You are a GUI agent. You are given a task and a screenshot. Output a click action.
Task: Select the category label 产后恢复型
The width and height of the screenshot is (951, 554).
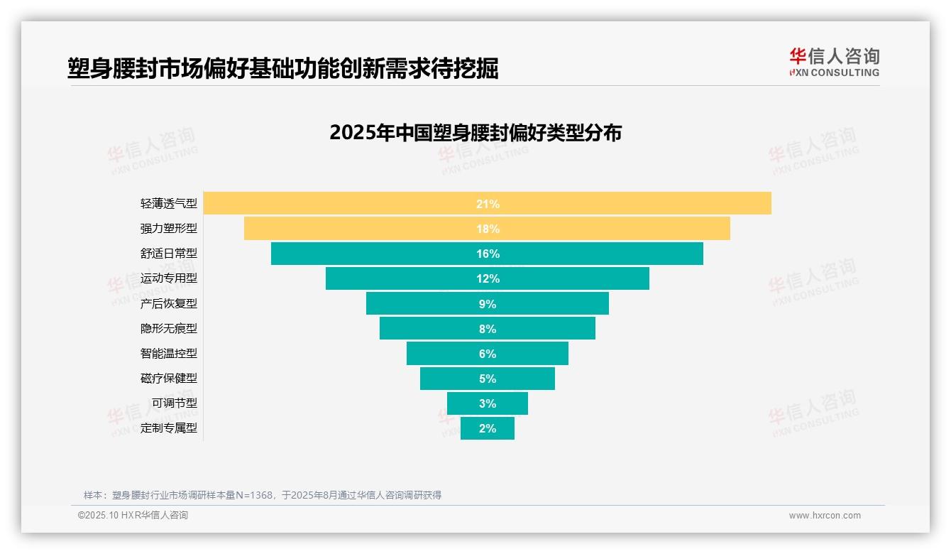[x=169, y=303]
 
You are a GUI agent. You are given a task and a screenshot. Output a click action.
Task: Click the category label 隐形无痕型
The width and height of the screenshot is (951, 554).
[x=169, y=328]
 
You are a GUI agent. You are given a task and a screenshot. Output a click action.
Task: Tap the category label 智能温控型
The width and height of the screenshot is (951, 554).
[x=169, y=353]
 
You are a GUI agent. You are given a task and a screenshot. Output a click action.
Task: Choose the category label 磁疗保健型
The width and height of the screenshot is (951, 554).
[x=169, y=378]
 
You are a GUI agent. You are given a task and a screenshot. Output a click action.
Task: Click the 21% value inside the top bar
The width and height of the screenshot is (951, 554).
[x=488, y=204]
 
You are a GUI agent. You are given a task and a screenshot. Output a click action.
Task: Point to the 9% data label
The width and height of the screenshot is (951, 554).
[x=488, y=304]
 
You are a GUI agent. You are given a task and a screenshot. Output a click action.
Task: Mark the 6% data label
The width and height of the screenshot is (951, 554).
[x=488, y=354]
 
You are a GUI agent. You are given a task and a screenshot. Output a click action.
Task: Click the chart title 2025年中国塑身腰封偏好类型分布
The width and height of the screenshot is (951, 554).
[x=475, y=133]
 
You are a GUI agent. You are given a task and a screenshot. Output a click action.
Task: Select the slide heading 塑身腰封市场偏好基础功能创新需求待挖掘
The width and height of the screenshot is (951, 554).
[x=283, y=68]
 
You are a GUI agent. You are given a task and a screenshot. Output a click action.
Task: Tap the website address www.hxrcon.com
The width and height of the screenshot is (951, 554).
[x=825, y=516]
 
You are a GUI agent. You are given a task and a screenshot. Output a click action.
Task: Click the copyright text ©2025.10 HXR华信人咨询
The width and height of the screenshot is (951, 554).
[x=133, y=516]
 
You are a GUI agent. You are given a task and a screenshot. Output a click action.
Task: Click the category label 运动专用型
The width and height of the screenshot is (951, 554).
[x=169, y=278]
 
